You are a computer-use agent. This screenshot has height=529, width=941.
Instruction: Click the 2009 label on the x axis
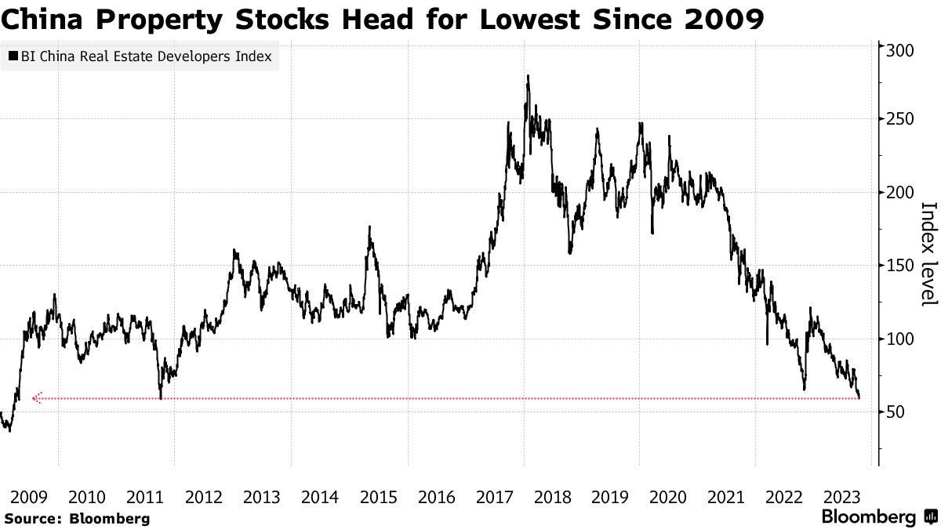coord(29,497)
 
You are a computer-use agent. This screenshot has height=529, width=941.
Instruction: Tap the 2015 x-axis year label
coord(378,497)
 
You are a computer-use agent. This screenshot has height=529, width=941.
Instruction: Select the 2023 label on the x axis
coord(843,497)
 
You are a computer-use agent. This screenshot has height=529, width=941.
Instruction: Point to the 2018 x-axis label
coord(552,497)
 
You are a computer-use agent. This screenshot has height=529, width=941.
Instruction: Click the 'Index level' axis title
coord(928,254)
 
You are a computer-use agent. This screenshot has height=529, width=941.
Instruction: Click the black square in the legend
coord(13,56)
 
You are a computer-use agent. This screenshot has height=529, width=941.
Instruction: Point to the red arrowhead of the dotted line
coord(35,398)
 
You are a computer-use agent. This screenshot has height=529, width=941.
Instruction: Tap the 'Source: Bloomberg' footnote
coord(76,518)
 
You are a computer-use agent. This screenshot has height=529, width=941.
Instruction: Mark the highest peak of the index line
coord(528,77)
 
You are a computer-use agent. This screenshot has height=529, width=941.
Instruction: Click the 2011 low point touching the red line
coord(160,397)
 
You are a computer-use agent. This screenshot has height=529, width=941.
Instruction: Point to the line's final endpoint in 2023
coord(859,397)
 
